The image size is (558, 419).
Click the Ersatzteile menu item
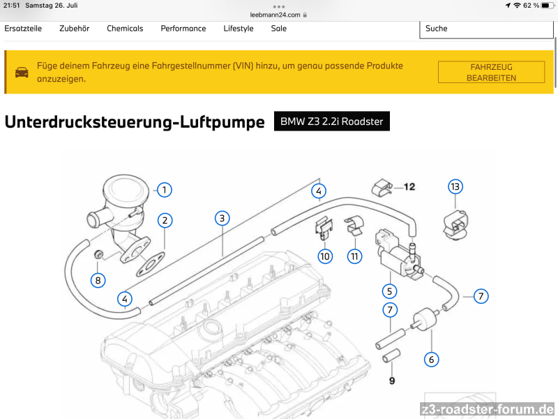click(x=23, y=29)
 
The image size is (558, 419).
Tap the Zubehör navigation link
click(x=74, y=29)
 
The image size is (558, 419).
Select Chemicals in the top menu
click(x=125, y=29)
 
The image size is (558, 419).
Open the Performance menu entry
click(x=183, y=29)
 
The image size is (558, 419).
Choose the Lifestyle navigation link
click(x=239, y=29)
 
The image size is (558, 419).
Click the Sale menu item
click(x=279, y=29)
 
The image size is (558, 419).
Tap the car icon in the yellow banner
click(x=22, y=72)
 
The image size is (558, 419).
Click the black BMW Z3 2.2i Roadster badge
click(x=331, y=122)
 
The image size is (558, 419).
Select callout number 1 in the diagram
click(x=164, y=189)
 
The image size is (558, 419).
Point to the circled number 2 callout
click(x=165, y=221)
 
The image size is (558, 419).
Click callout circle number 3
click(x=222, y=218)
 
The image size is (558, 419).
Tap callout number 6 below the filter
click(x=432, y=360)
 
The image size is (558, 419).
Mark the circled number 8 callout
click(x=98, y=280)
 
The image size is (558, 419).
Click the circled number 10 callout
click(x=325, y=256)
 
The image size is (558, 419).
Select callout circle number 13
click(x=455, y=186)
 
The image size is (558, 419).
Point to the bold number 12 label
click(x=409, y=186)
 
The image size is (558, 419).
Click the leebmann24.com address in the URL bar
click(x=275, y=14)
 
